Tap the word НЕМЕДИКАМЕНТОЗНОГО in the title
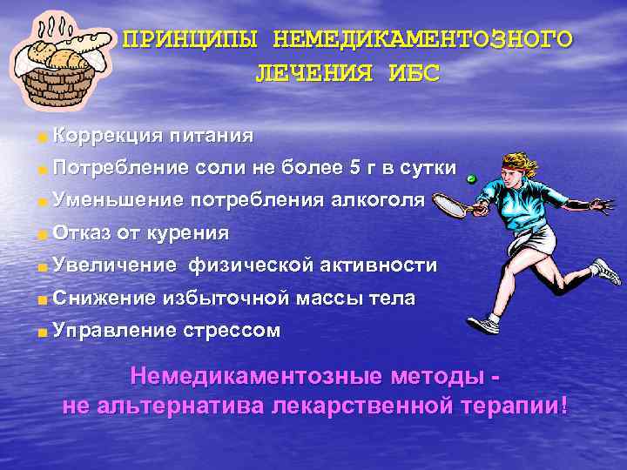(423, 40)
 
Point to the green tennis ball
(470, 178)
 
